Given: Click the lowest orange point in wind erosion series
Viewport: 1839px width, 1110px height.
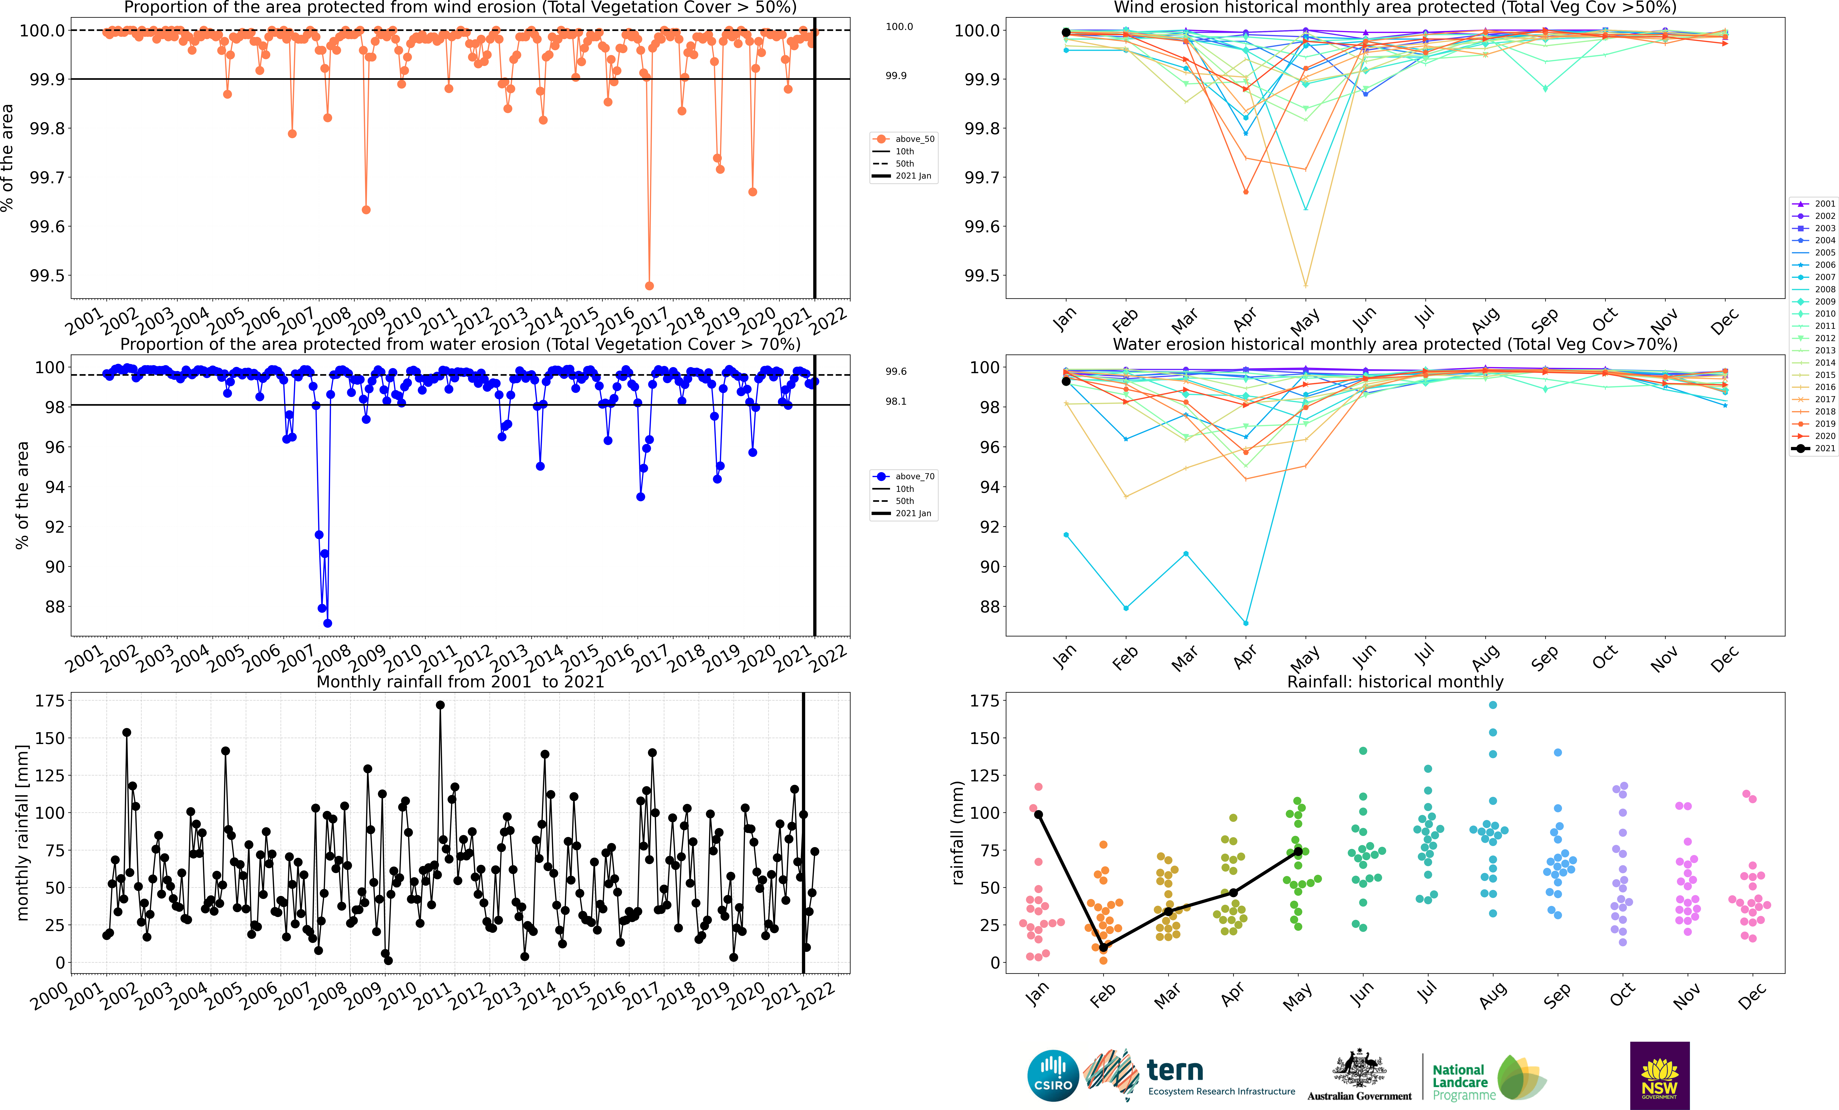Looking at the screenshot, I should click(649, 286).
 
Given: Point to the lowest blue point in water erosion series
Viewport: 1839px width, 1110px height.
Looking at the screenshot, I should click(328, 623).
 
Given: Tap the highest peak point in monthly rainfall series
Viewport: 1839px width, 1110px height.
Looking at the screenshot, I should click(440, 705).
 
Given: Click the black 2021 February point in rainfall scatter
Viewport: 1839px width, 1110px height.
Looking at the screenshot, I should click(1103, 947).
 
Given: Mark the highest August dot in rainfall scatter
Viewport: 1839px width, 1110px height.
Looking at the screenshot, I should click(1493, 705).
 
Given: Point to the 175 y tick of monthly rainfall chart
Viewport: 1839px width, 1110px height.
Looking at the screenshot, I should click(50, 701).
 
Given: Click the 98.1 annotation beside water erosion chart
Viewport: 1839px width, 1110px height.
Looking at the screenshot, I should click(896, 402).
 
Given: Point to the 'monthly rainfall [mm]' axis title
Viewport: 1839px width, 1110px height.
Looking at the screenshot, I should click(22, 832).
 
